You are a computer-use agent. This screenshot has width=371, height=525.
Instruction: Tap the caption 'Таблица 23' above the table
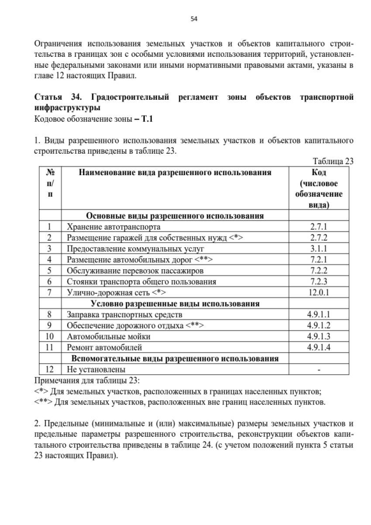(333, 162)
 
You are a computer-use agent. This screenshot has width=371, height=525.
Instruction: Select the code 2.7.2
(319, 238)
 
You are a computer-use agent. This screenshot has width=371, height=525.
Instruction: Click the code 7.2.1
(319, 259)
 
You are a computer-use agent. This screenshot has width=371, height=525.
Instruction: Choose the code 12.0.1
(319, 292)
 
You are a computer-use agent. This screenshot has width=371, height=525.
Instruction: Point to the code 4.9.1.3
(319, 336)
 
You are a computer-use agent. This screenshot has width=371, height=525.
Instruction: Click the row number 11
(49, 347)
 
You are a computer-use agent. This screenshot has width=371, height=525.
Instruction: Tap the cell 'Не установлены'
(96, 370)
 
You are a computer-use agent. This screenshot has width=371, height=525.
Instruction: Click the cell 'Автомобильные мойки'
(109, 336)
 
